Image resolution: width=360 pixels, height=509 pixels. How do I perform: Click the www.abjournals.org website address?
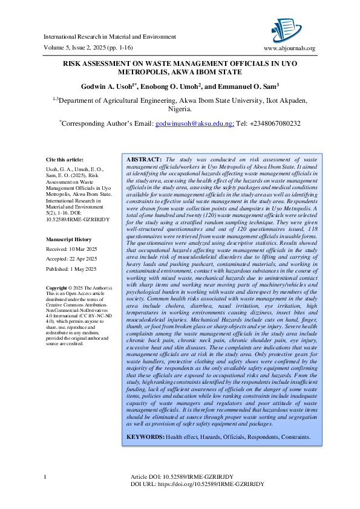(x=290, y=48)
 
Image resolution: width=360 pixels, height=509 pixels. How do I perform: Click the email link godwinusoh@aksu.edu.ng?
(x=194, y=123)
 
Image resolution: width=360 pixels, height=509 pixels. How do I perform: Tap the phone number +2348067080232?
(x=274, y=123)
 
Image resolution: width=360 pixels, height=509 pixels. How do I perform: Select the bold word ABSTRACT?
(x=143, y=158)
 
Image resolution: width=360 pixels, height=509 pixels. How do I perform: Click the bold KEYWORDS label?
(x=145, y=436)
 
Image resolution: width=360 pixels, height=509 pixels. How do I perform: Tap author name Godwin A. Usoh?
(x=109, y=86)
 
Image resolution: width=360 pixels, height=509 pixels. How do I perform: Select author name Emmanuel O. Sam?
(x=240, y=86)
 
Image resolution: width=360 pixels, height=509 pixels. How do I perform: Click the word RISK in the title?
(x=74, y=63)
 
